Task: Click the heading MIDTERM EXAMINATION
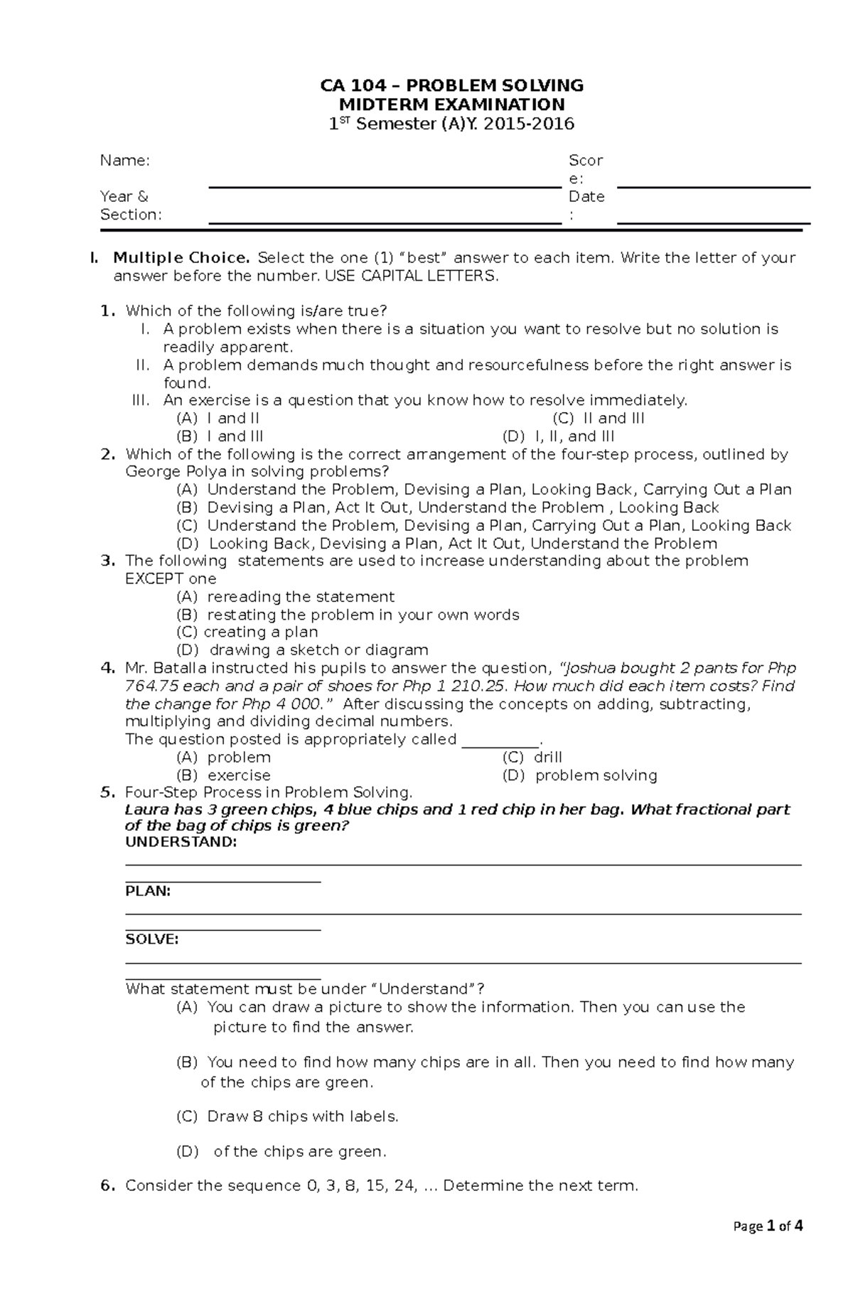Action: pos(451,105)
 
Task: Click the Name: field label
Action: pos(125,161)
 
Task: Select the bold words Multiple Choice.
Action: pos(181,257)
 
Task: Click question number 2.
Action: pos(108,454)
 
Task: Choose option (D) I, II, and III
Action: pos(558,436)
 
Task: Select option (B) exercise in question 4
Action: pos(224,775)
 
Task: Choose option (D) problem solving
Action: pos(579,775)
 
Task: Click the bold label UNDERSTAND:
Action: pos(181,842)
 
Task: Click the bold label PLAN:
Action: pos(148,891)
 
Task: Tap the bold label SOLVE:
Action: pos(152,939)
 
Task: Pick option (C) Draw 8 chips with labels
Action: pos(287,1116)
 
